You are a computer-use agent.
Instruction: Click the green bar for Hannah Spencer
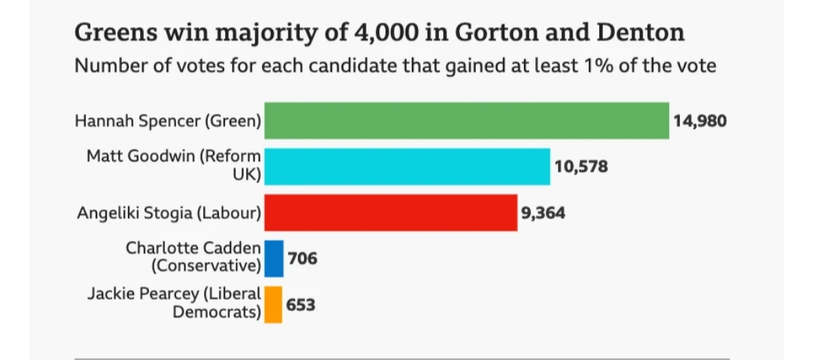coord(467,121)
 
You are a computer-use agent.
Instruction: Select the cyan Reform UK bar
coord(407,166)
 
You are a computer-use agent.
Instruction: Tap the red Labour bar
coord(391,213)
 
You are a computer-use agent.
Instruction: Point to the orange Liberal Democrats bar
coord(273,304)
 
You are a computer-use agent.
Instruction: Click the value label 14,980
coord(699,121)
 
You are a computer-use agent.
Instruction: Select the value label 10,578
coord(580,166)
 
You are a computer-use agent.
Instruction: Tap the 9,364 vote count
coord(543,213)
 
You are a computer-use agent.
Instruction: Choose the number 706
coord(302,258)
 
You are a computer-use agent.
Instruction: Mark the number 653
coord(300,305)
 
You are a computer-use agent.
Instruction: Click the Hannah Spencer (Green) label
coord(168,121)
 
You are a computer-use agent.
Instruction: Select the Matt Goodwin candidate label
coord(174,166)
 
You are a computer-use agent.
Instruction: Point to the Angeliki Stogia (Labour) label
coord(169,213)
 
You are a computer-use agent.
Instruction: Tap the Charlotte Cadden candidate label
coord(193,257)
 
